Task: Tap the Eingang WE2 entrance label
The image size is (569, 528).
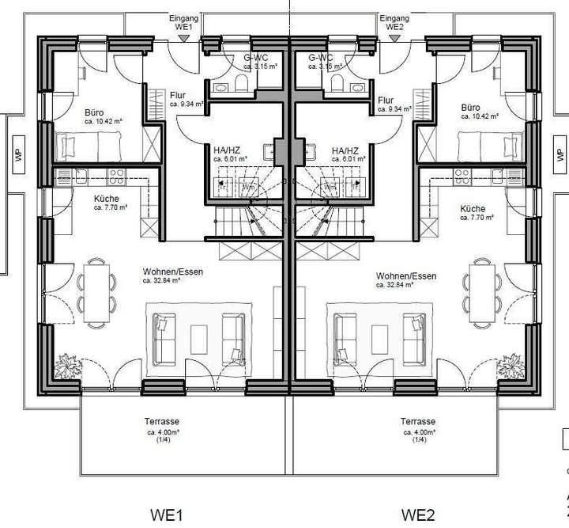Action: coord(394,21)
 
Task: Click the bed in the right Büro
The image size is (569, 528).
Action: coord(484,146)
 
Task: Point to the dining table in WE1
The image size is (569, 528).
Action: coord(99,291)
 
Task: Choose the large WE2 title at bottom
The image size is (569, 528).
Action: coord(417,515)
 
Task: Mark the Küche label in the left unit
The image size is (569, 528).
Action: coord(106,199)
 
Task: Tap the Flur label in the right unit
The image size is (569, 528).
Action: coord(386,101)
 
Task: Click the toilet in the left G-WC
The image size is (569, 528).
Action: coord(243,82)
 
